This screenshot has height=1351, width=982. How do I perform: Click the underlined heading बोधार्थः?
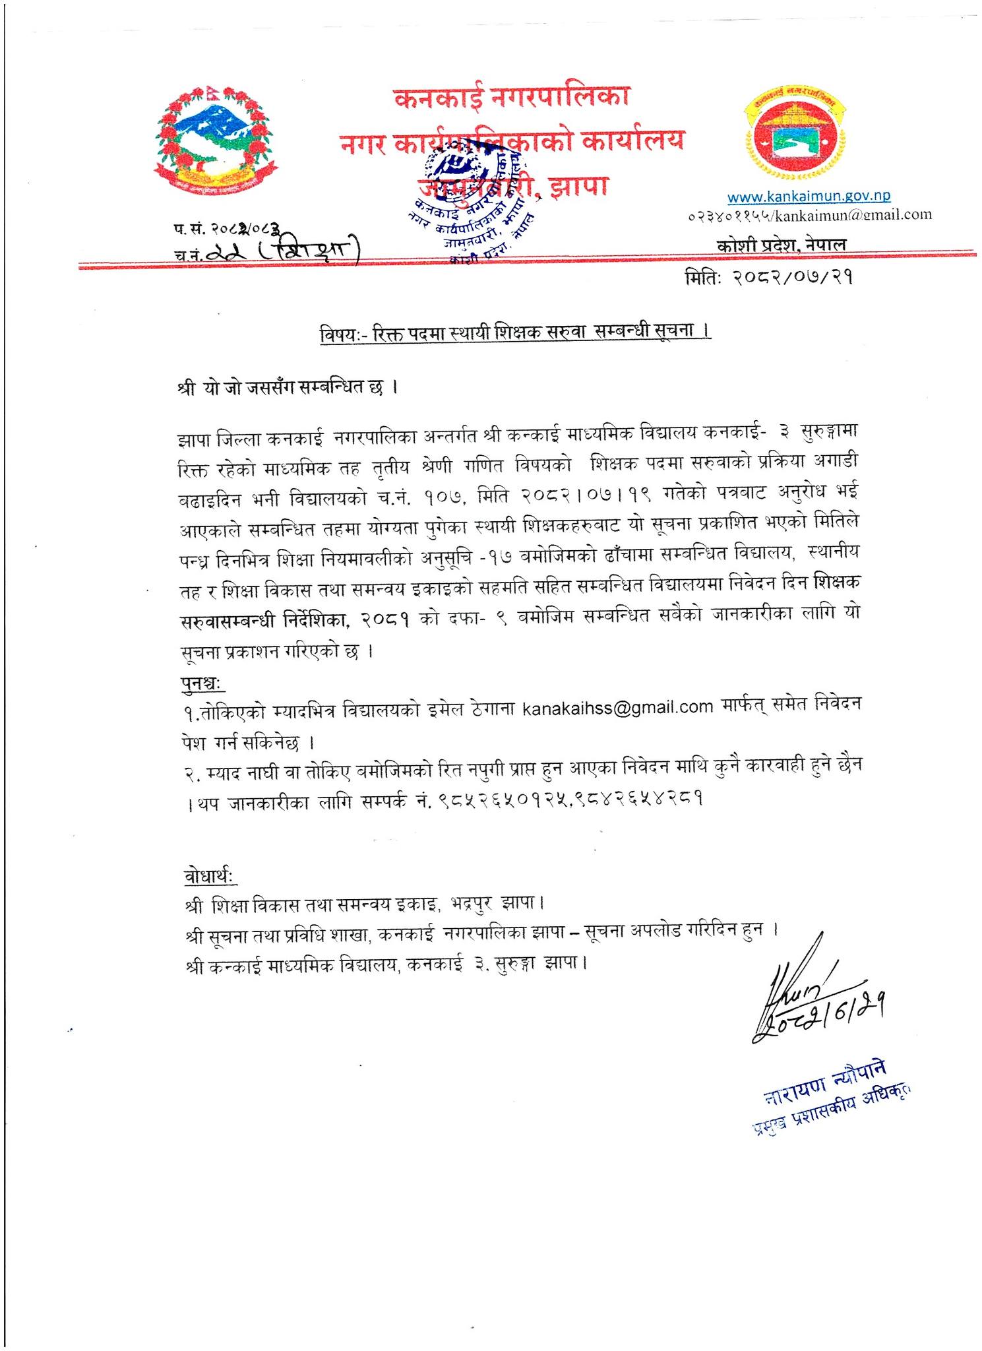tap(211, 877)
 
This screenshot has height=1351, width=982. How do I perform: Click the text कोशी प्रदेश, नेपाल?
tap(782, 244)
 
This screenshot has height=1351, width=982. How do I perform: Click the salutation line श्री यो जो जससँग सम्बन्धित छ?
tap(286, 387)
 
